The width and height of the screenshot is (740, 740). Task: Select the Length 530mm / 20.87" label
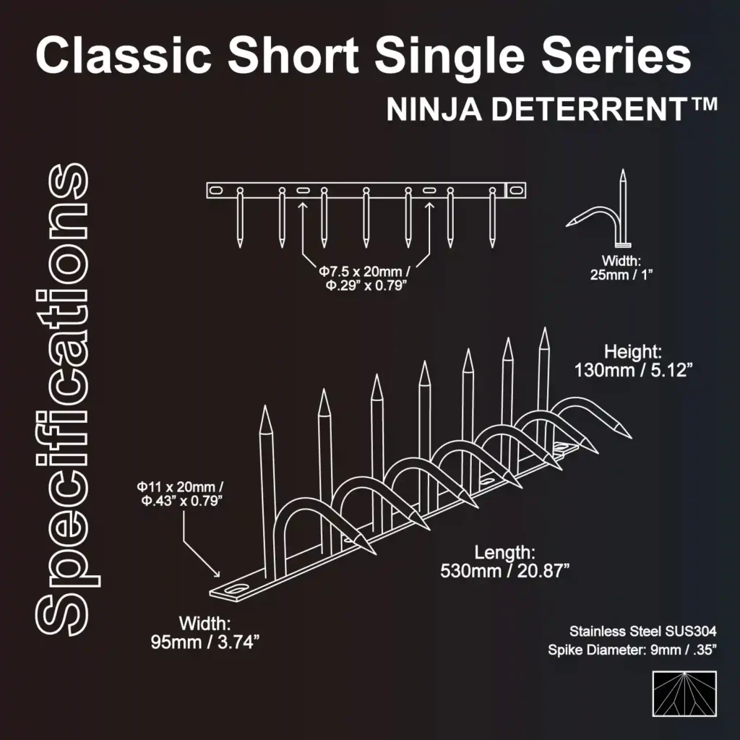(505, 562)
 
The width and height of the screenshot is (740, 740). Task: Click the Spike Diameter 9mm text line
(632, 650)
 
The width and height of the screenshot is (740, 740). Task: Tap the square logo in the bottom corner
(684, 694)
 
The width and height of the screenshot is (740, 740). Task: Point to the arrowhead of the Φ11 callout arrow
(217, 575)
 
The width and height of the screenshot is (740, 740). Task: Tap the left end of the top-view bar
(212, 190)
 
